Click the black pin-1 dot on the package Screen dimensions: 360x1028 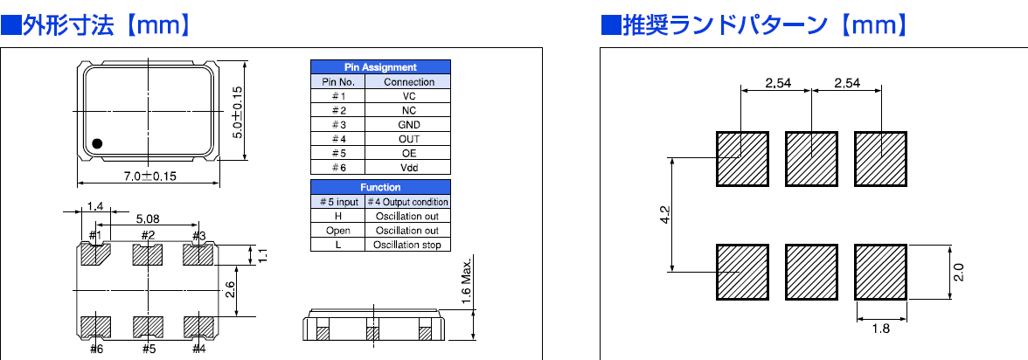[98, 142]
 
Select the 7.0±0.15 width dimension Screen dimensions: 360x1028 [149, 176]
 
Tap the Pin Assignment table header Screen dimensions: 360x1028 [380, 66]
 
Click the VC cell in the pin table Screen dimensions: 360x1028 [409, 96]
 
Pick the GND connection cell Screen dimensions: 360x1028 [409, 125]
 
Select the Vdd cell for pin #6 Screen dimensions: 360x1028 [409, 167]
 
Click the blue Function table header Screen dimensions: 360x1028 [380, 187]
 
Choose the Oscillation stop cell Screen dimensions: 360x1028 [407, 245]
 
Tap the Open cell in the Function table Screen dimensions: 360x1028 [337, 231]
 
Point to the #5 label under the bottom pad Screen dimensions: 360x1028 [148, 350]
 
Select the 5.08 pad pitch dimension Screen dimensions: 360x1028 [147, 218]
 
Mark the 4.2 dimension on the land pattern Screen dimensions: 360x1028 [663, 215]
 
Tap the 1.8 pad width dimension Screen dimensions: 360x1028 [880, 329]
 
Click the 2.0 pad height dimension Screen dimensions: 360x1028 [958, 271]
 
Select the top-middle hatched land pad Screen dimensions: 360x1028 [811, 158]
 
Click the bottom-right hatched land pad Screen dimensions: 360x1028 [880, 271]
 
